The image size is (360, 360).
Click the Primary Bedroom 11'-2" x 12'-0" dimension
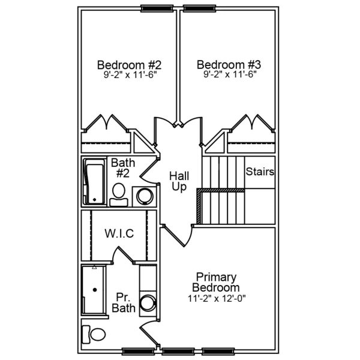tap(217, 298)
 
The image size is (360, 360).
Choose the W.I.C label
tap(119, 233)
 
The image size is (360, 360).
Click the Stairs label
tap(260, 172)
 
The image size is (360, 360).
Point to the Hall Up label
tap(179, 181)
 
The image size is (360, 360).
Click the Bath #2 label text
tap(122, 168)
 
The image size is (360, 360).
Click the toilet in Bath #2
tap(119, 194)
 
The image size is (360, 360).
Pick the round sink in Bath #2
tap(144, 196)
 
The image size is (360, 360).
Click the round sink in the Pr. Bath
tap(147, 302)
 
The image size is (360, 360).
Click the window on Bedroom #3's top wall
tap(200, 8)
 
